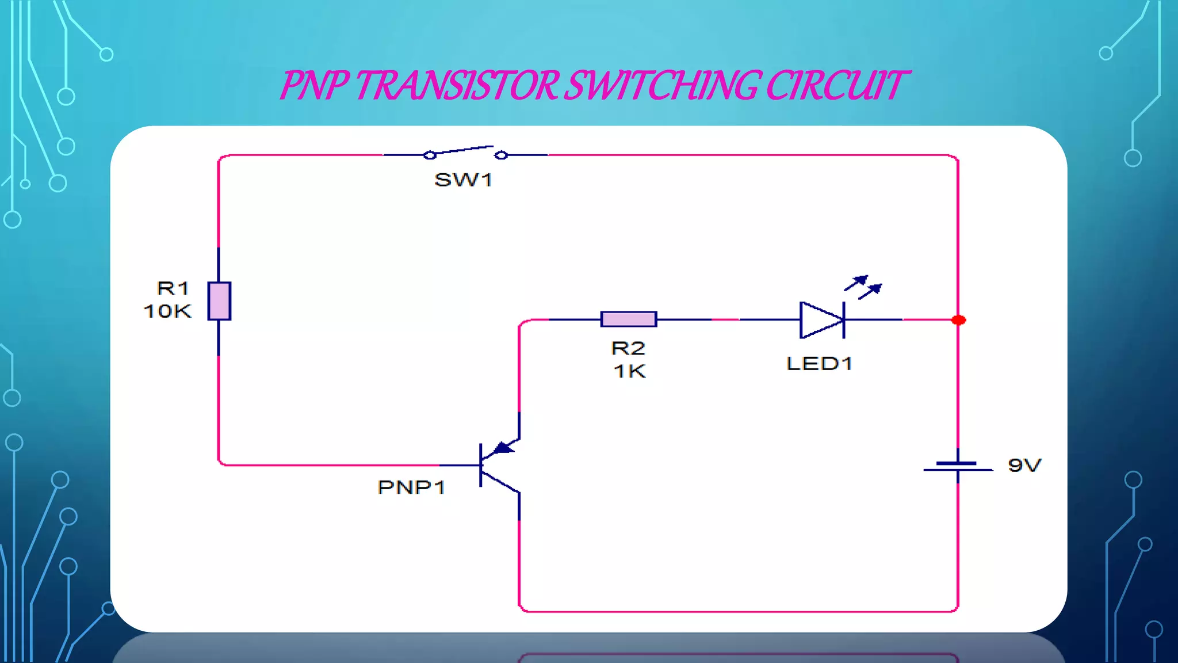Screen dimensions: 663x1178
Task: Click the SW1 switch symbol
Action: (465, 153)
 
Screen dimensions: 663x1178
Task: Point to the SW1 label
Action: (463, 180)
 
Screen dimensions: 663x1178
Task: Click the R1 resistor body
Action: (219, 301)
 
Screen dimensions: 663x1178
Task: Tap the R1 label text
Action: (173, 288)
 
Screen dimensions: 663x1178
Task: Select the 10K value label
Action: (167, 311)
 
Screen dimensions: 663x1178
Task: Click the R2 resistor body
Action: (629, 319)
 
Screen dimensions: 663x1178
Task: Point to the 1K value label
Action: (630, 372)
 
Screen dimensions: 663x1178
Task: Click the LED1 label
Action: (819, 364)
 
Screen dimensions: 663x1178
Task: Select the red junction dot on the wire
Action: (958, 320)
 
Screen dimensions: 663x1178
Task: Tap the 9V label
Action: (1024, 465)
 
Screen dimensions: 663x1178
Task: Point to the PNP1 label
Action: (411, 487)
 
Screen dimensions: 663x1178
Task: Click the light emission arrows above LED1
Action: (863, 286)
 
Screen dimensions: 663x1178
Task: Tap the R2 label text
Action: (628, 348)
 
